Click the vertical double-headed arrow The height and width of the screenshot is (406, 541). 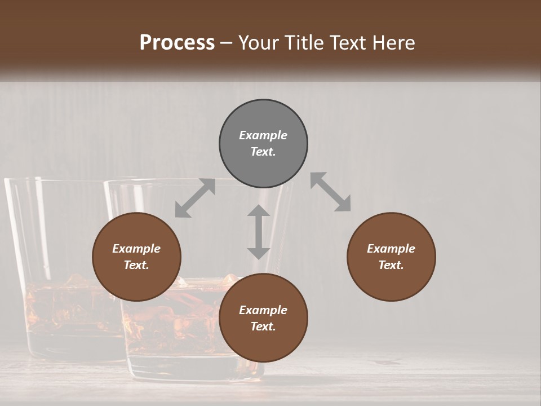click(259, 232)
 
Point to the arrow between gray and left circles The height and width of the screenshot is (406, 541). click(195, 198)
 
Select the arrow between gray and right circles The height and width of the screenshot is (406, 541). click(331, 192)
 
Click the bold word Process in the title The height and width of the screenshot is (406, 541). click(177, 42)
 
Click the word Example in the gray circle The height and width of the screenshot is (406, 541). click(263, 135)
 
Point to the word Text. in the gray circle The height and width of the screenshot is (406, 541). click(263, 152)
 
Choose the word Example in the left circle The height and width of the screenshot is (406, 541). click(136, 249)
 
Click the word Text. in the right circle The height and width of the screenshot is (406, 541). click(391, 265)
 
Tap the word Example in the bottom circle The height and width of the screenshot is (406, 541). click(263, 310)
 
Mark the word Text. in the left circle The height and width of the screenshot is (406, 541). click(136, 265)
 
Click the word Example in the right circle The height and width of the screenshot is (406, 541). click(391, 249)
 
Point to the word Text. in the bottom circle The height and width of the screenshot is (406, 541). click(263, 326)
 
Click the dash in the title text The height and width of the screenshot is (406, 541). click(227, 43)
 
